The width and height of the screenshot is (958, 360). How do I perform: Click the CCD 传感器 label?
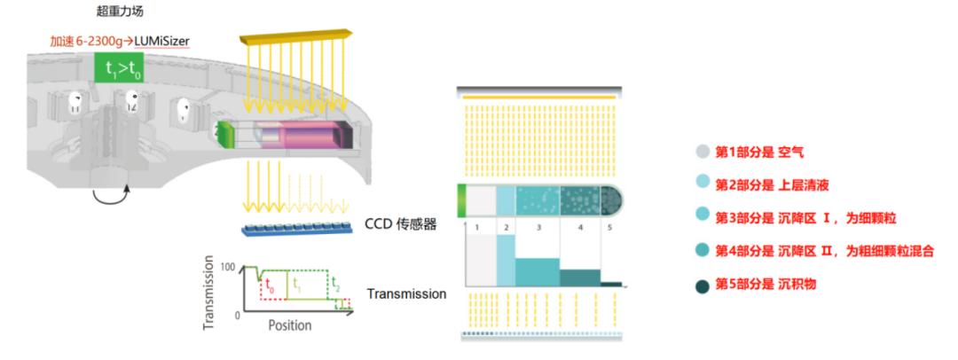click(401, 224)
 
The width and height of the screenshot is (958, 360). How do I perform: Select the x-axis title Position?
click(290, 325)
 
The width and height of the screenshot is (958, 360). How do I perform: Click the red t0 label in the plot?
click(271, 288)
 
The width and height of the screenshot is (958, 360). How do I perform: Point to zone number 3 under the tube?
click(538, 229)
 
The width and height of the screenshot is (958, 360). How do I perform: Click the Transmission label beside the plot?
click(406, 294)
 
